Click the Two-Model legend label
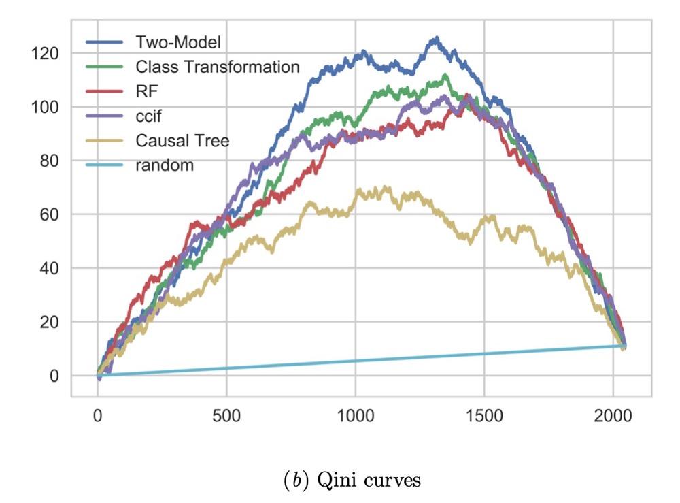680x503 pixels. point(179,42)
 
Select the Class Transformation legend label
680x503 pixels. point(218,67)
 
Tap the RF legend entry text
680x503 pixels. point(146,91)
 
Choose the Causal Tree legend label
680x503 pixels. point(182,140)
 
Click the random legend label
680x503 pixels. point(165,165)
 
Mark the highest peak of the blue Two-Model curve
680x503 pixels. point(436,38)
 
